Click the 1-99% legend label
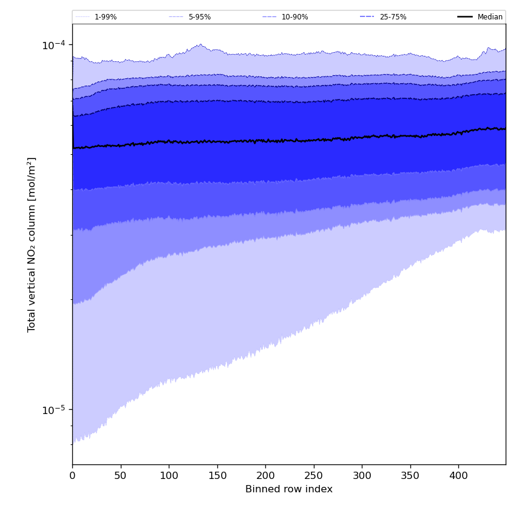[106, 17]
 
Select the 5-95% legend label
[200, 17]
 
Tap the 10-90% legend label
[294, 17]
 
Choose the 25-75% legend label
[393, 17]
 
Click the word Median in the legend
[490, 17]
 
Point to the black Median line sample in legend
[466, 17]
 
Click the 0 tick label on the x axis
[72, 477]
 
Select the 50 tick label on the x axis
[120, 477]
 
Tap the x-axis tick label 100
[169, 477]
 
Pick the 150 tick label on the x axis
[217, 477]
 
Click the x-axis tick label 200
[265, 477]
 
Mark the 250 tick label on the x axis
[313, 477]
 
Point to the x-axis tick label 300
[362, 477]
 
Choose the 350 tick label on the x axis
[410, 477]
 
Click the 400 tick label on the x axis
[458, 477]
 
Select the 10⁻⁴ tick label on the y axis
[53, 44]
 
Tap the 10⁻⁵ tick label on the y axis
[53, 410]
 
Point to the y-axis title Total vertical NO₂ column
[32, 244]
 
